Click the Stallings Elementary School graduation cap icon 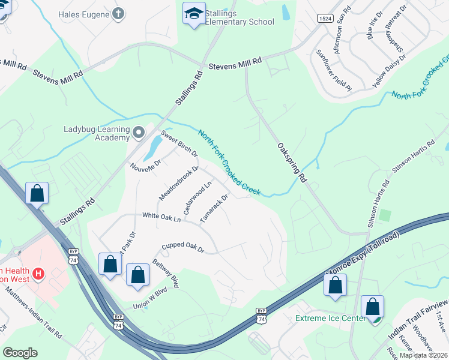coord(194,14)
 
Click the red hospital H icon coord(39,274)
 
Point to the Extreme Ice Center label coord(330,317)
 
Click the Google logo coord(20,352)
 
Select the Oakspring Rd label coord(292,163)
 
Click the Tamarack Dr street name coord(214,208)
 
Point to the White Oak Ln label coord(161,217)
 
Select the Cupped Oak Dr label coord(183,248)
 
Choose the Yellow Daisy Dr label coord(389,71)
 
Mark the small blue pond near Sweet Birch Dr coord(152,144)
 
